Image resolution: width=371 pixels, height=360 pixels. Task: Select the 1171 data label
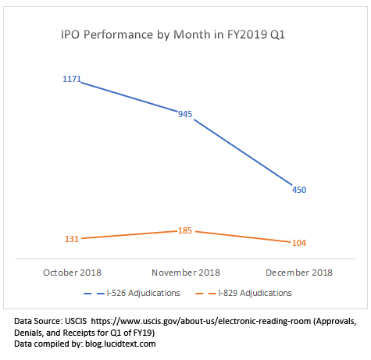click(x=72, y=80)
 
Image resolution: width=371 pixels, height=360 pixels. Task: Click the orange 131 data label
click(x=72, y=239)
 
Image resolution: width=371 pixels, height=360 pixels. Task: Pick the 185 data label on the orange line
click(x=184, y=232)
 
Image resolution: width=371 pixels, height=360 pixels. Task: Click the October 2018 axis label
click(x=73, y=273)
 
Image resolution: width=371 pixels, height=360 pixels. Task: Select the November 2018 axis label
click(x=185, y=273)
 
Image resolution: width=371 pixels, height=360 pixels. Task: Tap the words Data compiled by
click(x=48, y=343)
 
